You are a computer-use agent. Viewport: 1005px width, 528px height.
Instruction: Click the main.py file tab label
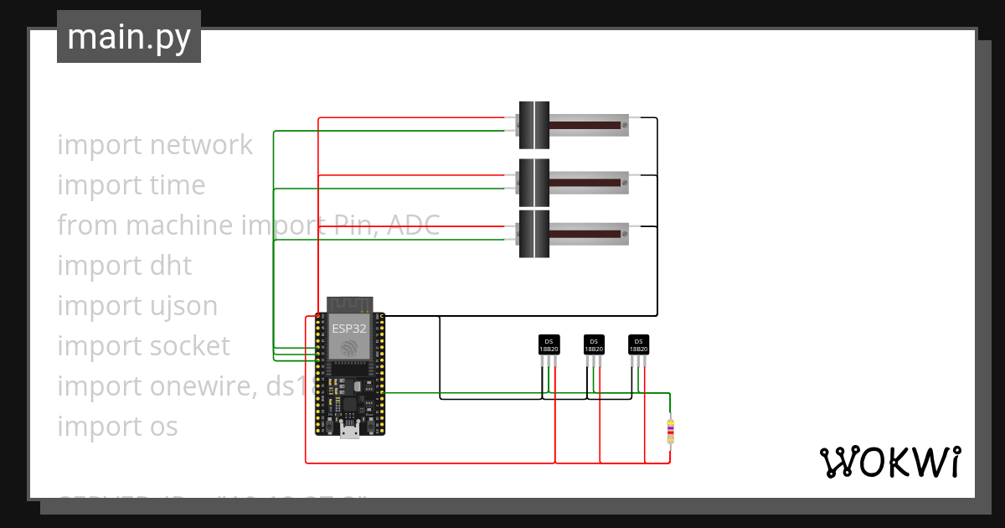tap(128, 37)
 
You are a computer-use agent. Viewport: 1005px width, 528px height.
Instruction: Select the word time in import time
tap(173, 185)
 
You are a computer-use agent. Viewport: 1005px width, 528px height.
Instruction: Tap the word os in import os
tap(165, 427)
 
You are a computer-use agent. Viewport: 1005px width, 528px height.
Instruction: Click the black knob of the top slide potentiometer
tap(533, 125)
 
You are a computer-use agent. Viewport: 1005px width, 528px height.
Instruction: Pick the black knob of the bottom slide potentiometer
tap(533, 234)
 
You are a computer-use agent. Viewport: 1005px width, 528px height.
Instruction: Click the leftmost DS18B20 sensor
tap(549, 344)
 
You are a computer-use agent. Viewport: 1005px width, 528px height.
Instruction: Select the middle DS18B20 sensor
tap(594, 344)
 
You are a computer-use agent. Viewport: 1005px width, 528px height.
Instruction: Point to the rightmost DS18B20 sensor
tap(639, 344)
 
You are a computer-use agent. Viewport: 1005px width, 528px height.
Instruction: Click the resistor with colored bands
tap(670, 431)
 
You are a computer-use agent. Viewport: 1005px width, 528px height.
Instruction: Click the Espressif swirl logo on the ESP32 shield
tap(350, 346)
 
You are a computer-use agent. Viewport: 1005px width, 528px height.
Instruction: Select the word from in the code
tap(85, 225)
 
